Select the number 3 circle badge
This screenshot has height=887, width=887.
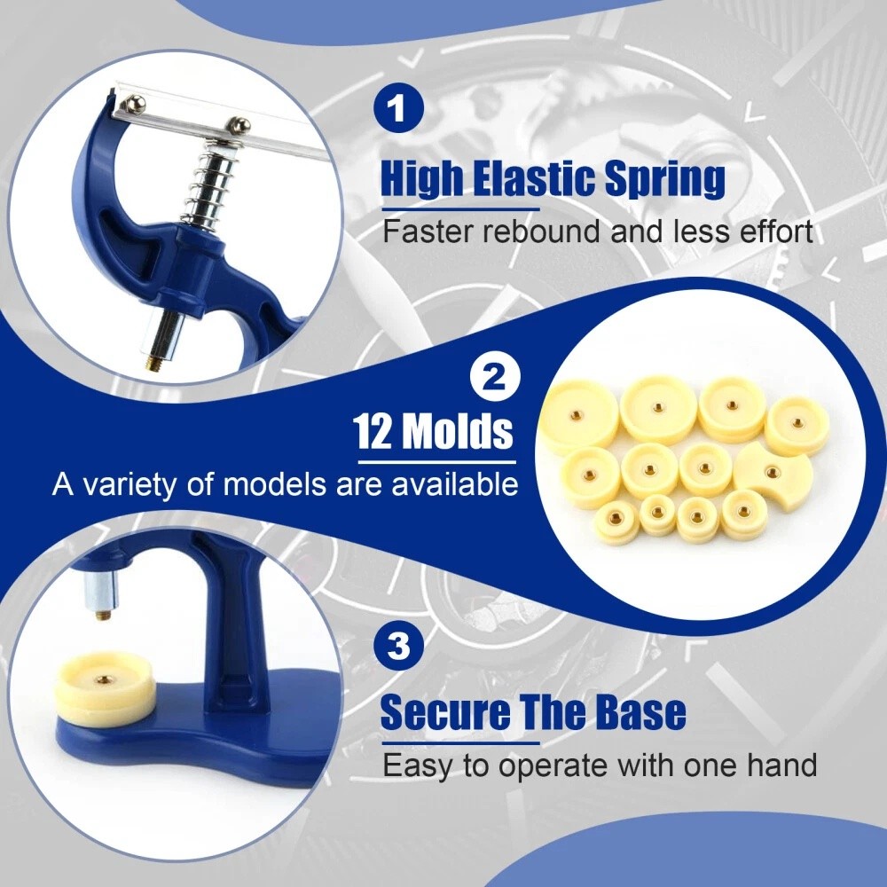click(x=400, y=646)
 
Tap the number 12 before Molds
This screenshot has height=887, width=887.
click(x=373, y=432)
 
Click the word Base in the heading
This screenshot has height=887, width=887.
click(x=640, y=711)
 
